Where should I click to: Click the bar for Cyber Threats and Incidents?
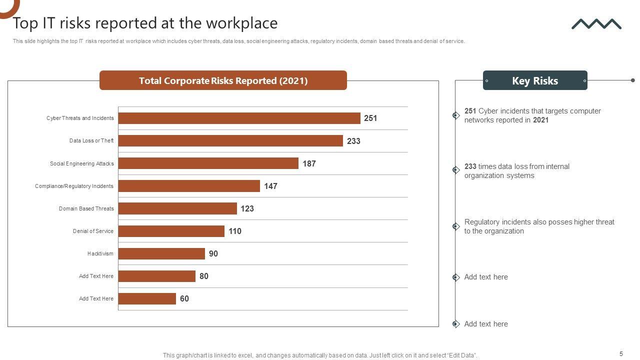pos(239,118)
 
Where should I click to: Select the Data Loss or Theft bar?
pos(230,141)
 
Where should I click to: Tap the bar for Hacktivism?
pos(161,253)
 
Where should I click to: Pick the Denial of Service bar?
pos(171,231)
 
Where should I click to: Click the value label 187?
pos(309,163)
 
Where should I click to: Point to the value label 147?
pos(270,186)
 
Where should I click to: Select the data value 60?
pos(184,298)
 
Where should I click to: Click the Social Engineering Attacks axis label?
pos(81,163)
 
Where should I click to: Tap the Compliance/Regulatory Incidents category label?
pos(74,186)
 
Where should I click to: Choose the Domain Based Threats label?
pos(86,208)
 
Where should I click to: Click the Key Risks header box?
pos(534,80)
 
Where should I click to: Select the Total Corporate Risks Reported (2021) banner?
pos(223,80)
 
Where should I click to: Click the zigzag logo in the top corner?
pos(596,24)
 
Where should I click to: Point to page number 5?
pos(621,354)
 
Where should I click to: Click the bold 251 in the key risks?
pos(470,111)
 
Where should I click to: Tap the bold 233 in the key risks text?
pos(470,166)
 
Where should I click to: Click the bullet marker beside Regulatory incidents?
pos(456,226)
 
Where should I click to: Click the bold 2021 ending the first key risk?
pos(540,120)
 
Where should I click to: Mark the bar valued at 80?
pos(156,276)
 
